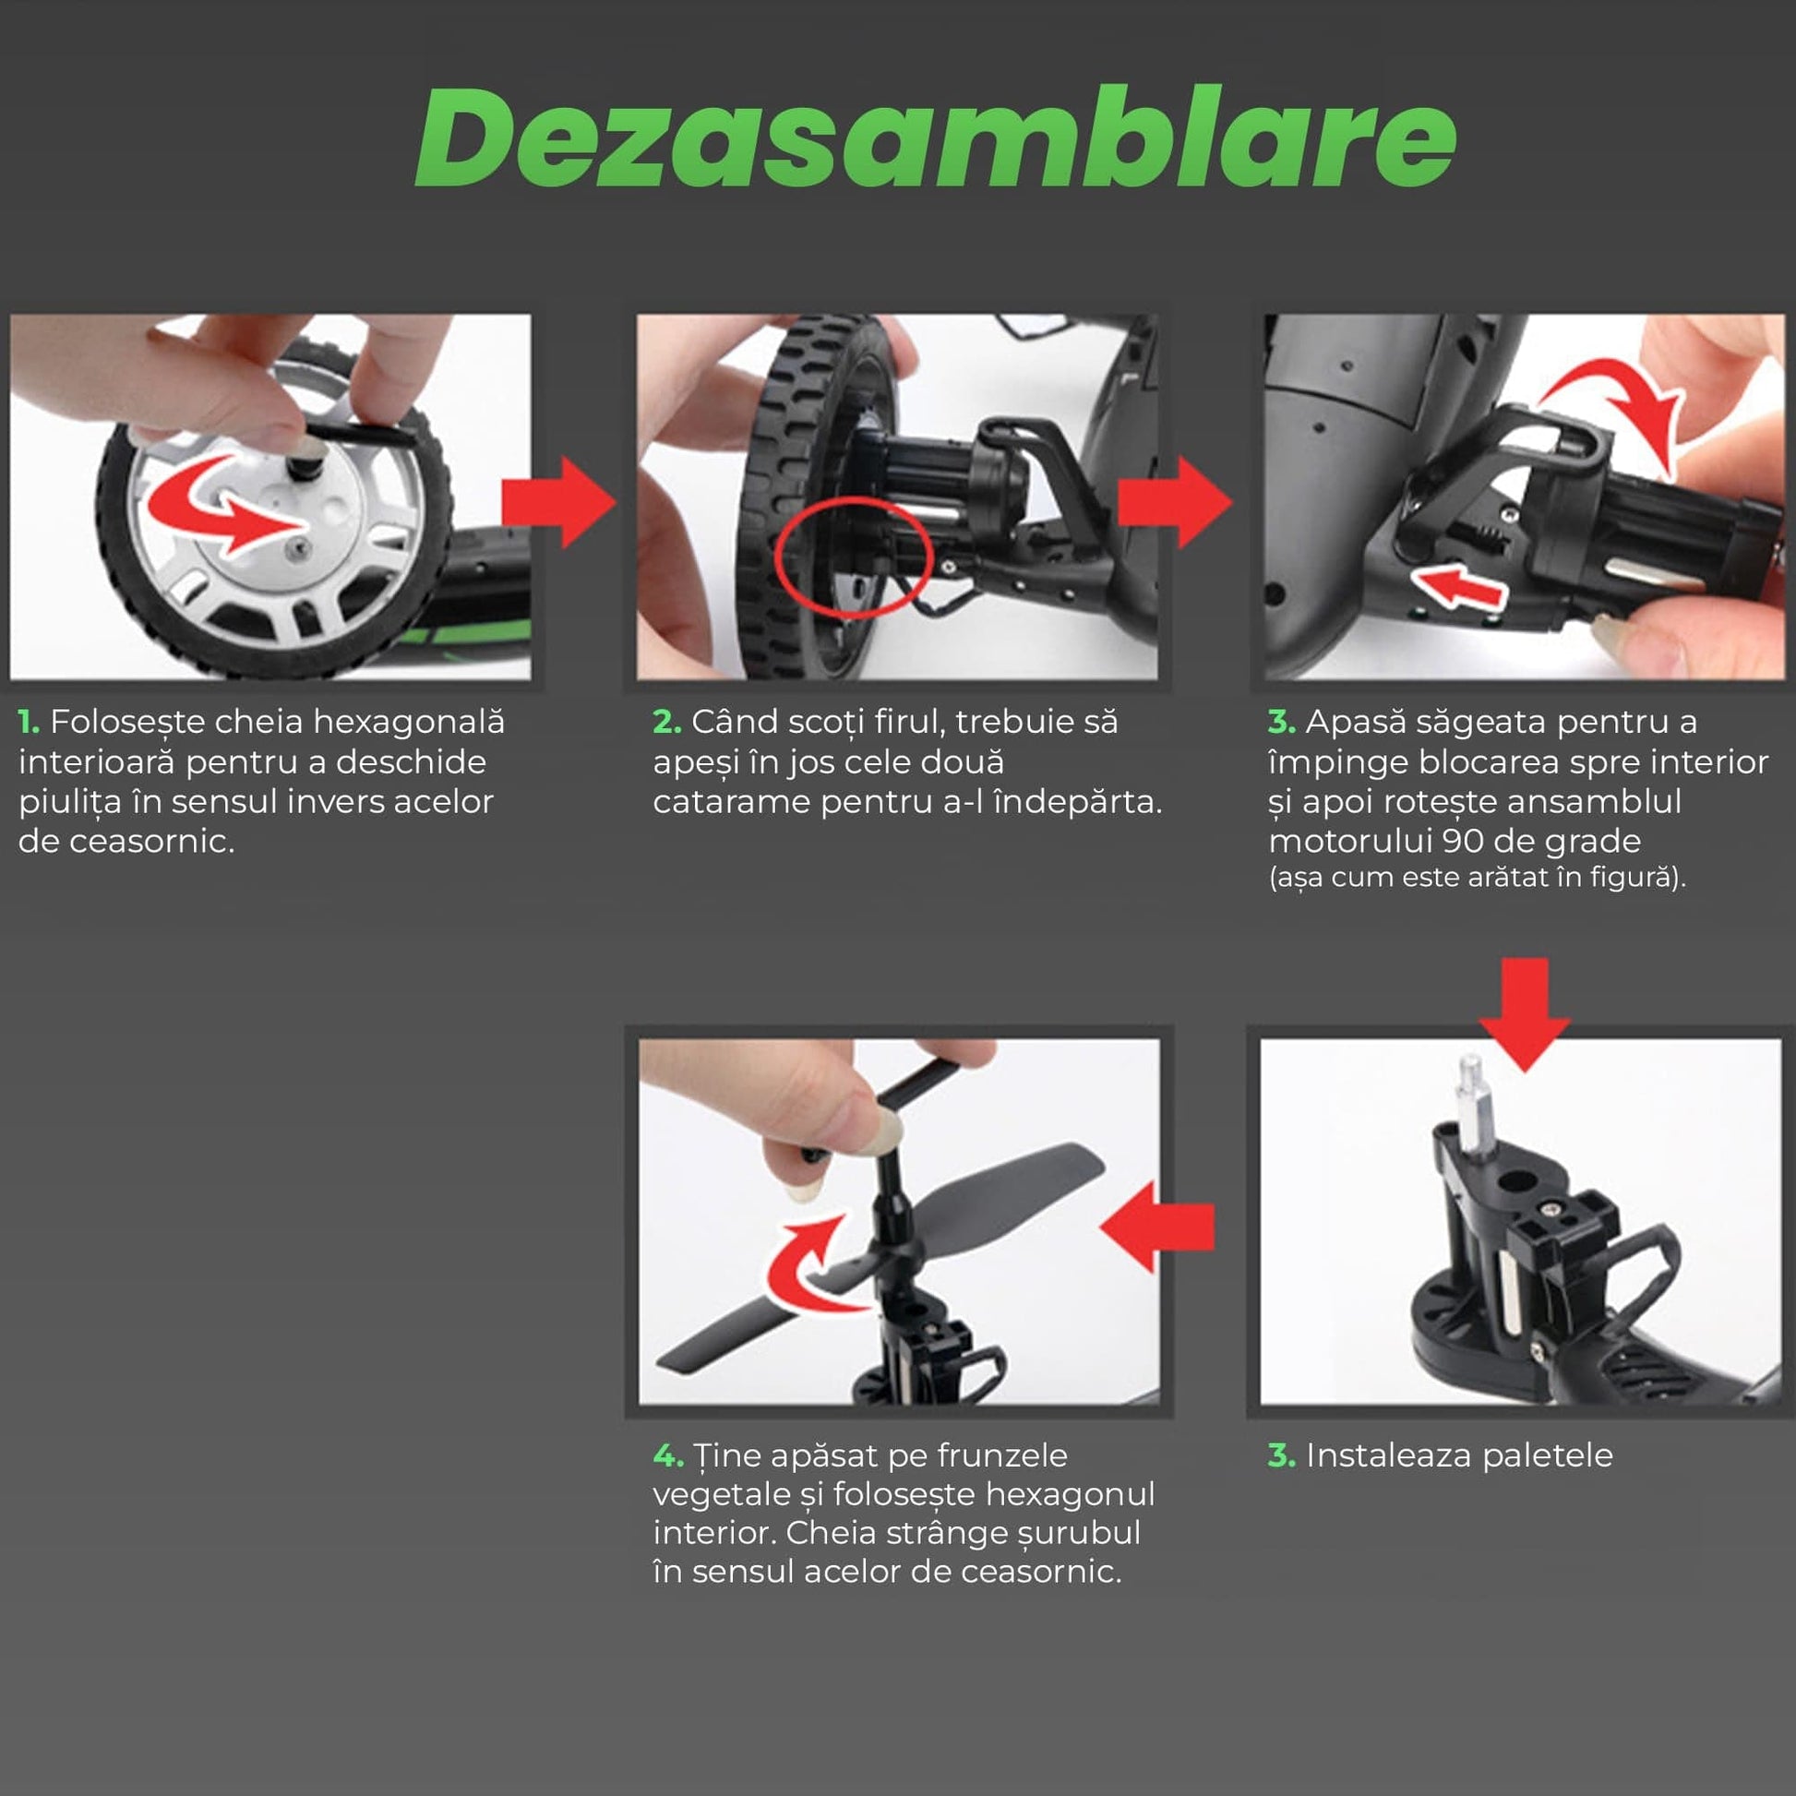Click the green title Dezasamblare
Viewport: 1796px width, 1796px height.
pyautogui.click(x=935, y=138)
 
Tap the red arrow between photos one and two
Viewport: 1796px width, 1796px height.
pyautogui.click(x=557, y=503)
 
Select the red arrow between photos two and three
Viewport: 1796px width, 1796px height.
pyautogui.click(x=1175, y=503)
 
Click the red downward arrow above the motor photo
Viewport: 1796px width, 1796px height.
pyautogui.click(x=1525, y=1014)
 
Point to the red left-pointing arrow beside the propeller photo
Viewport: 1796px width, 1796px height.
pyautogui.click(x=1157, y=1227)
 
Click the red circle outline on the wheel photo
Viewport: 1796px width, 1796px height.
pyautogui.click(x=854, y=556)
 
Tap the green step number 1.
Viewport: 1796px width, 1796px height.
pyautogui.click(x=29, y=723)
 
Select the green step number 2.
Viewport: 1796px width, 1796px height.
pyautogui.click(x=666, y=723)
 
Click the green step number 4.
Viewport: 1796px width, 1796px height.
pyautogui.click(x=668, y=1455)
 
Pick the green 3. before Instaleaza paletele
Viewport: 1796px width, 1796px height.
pyautogui.click(x=1282, y=1455)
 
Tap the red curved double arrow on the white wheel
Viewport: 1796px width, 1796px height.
pyautogui.click(x=223, y=507)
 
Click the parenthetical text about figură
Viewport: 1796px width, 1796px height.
pyautogui.click(x=1478, y=879)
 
